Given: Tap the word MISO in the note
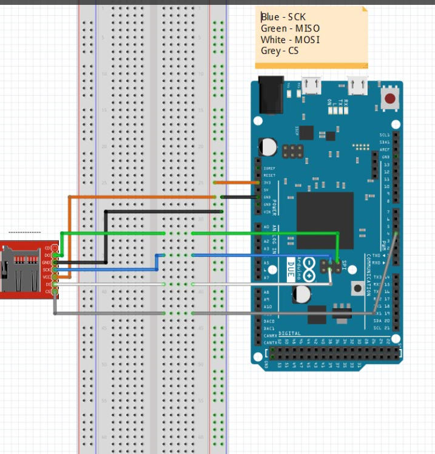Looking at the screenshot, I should coord(306,29).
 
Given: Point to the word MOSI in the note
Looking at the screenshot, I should coord(307,40).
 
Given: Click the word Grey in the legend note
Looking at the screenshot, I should coord(270,51).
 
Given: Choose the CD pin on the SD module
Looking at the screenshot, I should coord(49,248).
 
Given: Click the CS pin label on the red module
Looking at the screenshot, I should coord(49,292).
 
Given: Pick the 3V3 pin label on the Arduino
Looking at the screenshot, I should coord(269,183).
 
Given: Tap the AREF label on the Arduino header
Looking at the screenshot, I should coord(385,149).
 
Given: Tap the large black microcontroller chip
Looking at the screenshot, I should coord(325,220).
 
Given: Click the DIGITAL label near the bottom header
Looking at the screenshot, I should coord(290,334).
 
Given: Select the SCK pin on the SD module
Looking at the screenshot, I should coord(48,269).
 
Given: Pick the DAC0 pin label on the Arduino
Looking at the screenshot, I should coord(269,321).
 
